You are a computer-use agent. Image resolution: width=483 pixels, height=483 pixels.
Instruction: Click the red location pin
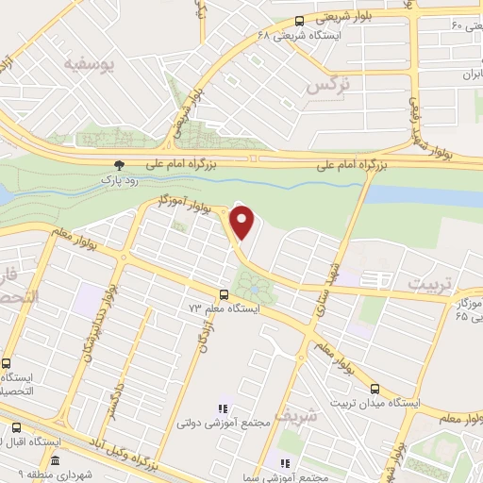tap(243, 222)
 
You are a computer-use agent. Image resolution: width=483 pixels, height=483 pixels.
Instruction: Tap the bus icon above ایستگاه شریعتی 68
tap(299, 21)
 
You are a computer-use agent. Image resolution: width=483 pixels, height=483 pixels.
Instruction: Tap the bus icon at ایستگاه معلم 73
tap(224, 294)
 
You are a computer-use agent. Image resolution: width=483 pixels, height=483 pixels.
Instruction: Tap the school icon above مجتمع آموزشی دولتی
tap(224, 408)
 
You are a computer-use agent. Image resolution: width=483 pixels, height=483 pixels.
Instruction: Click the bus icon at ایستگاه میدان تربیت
tap(375, 389)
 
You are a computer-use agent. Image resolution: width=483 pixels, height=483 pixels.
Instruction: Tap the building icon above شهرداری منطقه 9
tap(55, 461)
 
